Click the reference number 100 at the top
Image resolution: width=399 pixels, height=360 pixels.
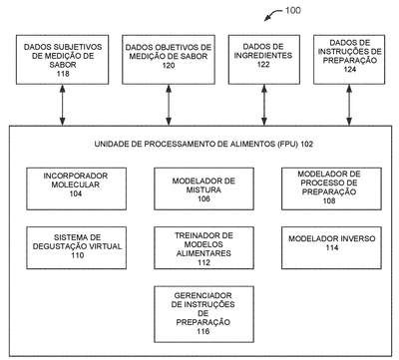(293, 10)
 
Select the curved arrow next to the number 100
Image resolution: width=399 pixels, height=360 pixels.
(272, 14)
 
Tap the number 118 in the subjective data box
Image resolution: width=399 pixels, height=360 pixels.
(63, 74)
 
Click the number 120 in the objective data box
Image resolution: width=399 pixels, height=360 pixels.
(169, 65)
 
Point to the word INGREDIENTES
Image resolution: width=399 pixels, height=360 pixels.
(263, 55)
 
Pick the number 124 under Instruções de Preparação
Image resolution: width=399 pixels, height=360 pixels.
(350, 69)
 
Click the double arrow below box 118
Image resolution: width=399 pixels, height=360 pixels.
(62, 105)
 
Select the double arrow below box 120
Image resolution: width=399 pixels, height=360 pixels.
(169, 105)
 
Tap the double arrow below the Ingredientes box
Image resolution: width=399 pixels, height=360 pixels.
(264, 105)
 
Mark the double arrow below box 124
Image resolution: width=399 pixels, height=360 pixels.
(349, 105)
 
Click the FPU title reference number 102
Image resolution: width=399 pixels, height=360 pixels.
(307, 144)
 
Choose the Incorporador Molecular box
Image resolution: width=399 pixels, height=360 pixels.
(77, 188)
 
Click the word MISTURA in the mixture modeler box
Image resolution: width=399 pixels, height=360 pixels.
(203, 189)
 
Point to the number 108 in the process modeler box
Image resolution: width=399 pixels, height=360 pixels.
(329, 200)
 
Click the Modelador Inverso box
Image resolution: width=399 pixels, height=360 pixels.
(331, 247)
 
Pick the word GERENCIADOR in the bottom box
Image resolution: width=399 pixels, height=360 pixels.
(202, 295)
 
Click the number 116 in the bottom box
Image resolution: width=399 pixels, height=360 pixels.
(202, 331)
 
